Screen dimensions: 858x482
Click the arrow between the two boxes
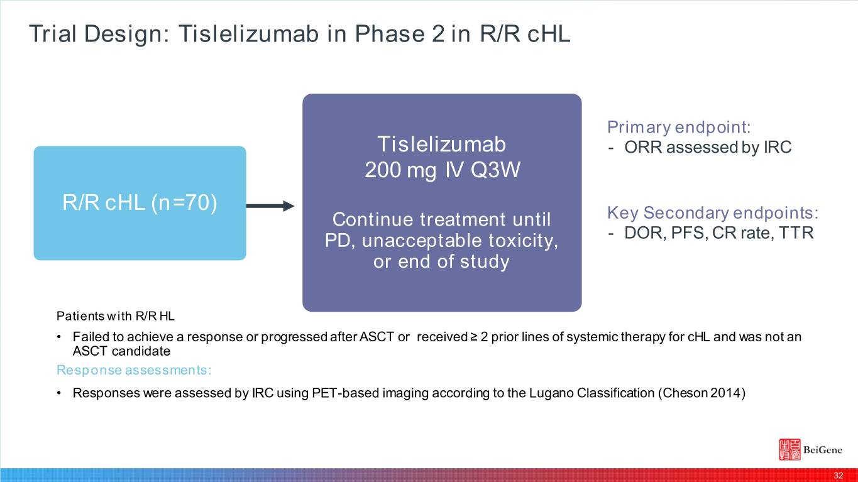[x=270, y=206]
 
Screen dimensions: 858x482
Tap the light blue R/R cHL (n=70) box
[x=140, y=203]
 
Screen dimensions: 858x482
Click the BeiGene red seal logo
[x=789, y=449]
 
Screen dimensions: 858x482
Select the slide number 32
[x=839, y=476]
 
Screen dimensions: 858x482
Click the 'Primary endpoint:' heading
[x=679, y=127]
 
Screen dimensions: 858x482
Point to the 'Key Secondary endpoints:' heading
[x=713, y=213]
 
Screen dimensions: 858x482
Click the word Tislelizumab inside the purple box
[x=442, y=145]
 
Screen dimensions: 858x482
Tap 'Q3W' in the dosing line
[x=495, y=170]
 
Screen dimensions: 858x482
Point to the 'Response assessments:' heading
[x=134, y=370]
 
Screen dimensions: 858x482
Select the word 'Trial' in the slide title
[x=52, y=33]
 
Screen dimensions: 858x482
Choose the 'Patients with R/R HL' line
[x=115, y=316]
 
